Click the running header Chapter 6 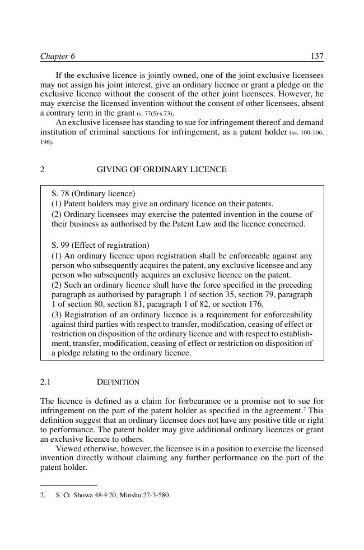57,56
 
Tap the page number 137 317,56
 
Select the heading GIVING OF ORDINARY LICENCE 161,169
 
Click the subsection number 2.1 45,382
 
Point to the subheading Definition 118,382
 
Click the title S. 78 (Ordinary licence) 93,193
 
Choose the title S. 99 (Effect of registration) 100,245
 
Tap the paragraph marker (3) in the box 57,315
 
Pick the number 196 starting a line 45,142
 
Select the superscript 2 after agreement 305,409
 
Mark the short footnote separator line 68,485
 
